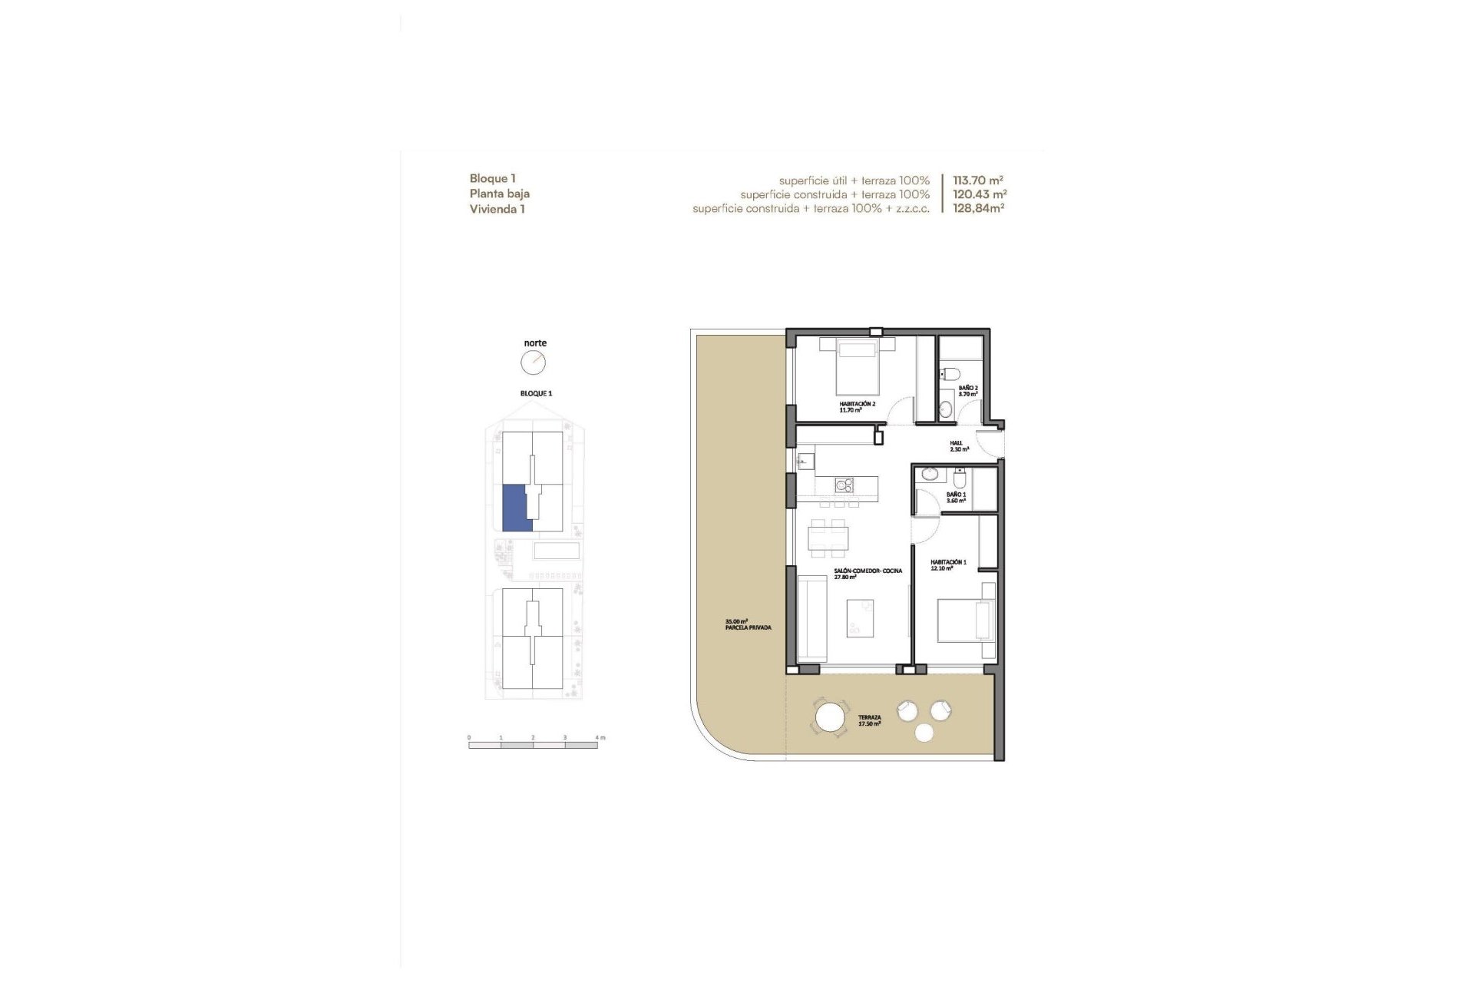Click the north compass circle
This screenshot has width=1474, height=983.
click(534, 362)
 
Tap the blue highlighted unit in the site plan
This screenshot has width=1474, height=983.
click(512, 507)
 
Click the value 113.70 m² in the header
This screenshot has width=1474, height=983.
click(978, 180)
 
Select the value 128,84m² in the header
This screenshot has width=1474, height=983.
click(978, 208)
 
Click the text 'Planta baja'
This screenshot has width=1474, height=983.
click(500, 194)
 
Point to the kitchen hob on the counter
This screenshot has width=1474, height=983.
click(844, 485)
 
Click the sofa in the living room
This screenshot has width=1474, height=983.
click(811, 620)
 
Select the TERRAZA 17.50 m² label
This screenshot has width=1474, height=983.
click(869, 720)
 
